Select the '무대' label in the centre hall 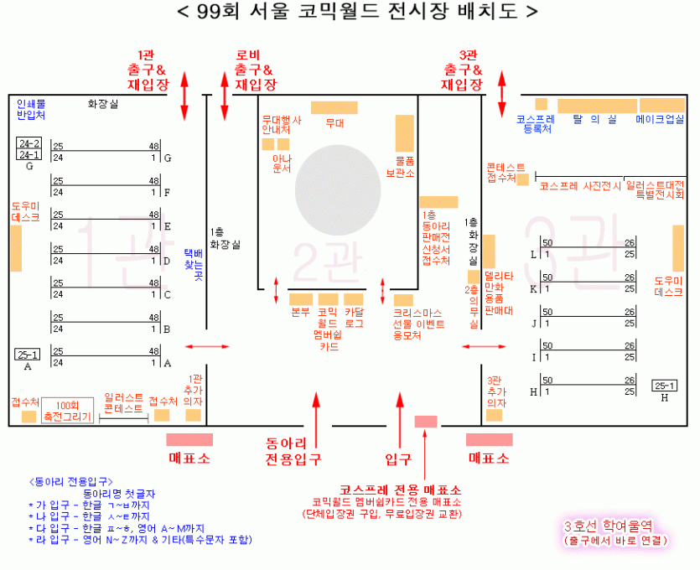click(x=334, y=122)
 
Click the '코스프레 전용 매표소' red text click(x=400, y=490)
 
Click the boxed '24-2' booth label click(x=29, y=143)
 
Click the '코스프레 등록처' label click(x=537, y=124)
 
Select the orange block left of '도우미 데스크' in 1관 click(x=16, y=248)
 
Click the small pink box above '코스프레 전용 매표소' click(x=426, y=421)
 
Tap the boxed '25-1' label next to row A click(x=28, y=355)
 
